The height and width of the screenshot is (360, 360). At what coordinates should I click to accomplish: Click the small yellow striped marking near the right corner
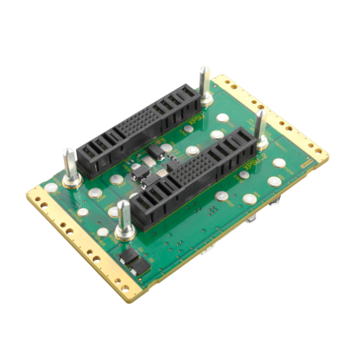point(307,161)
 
